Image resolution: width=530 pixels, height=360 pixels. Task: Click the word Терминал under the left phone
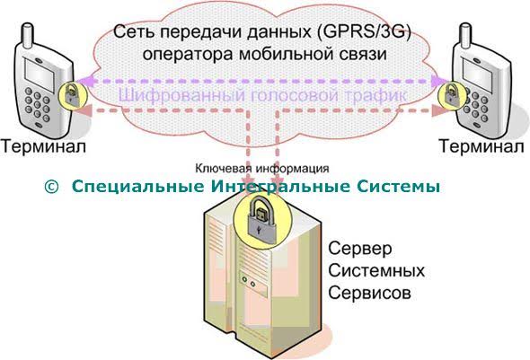point(43,146)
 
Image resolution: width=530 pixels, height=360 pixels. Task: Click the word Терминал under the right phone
point(481,146)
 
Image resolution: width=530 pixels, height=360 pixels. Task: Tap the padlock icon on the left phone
point(71,95)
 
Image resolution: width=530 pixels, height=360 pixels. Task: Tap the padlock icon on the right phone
point(451,94)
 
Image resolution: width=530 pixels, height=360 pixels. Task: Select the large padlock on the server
point(262,221)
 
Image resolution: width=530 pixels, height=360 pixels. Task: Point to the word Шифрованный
point(181,95)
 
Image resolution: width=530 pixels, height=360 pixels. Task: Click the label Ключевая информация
point(262,168)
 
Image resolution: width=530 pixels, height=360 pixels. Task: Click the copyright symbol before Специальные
point(51,187)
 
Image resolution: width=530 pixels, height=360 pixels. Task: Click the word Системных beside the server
point(376,271)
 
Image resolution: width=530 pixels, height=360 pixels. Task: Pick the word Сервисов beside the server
point(370,293)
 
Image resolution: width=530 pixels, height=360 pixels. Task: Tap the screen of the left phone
point(40,75)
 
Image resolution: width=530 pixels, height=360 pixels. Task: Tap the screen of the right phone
point(478,74)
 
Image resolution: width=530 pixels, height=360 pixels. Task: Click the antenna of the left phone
point(27,34)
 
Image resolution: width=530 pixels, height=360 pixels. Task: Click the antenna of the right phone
point(466,33)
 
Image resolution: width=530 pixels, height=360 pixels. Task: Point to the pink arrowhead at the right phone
point(440,110)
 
